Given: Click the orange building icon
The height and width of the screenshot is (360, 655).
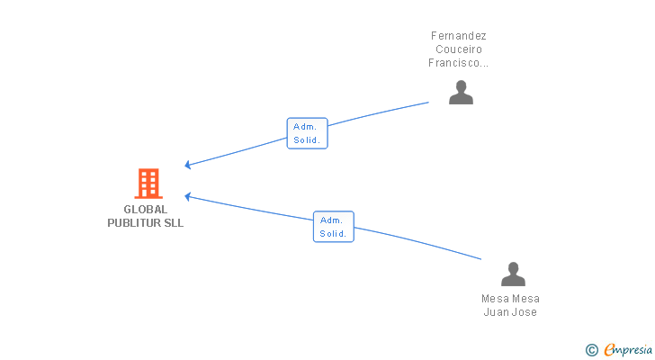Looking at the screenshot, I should click(x=148, y=184).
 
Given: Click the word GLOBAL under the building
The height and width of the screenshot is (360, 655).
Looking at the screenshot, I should click(x=146, y=210).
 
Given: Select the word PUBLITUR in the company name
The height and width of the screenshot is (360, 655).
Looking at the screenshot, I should click(x=133, y=223).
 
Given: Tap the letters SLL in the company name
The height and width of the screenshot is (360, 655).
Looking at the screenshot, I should click(x=174, y=223).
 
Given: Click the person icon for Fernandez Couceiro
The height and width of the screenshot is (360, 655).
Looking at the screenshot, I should click(x=461, y=93).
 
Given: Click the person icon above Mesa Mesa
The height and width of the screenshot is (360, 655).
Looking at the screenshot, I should click(x=513, y=274).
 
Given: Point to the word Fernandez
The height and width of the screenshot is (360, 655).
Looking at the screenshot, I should click(x=459, y=36).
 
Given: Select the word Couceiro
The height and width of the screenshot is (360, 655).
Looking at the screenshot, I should click(x=459, y=49).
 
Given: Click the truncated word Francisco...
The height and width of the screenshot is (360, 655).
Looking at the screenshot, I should click(x=459, y=63).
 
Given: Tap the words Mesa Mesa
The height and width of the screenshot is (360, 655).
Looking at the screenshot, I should click(x=510, y=299).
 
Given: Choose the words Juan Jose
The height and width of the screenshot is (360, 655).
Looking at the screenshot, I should click(x=510, y=312).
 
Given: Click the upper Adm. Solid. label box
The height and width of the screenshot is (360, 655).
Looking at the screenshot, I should click(x=307, y=133).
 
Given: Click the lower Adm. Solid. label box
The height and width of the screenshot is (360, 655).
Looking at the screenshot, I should click(x=333, y=227).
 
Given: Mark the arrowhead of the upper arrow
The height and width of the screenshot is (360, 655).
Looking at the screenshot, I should click(x=187, y=165).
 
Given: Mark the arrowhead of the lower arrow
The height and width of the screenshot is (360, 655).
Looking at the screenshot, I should click(x=187, y=195).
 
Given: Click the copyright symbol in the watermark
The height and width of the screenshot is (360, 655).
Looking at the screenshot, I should click(x=591, y=350).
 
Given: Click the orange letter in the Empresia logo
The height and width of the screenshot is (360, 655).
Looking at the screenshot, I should click(x=609, y=350).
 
